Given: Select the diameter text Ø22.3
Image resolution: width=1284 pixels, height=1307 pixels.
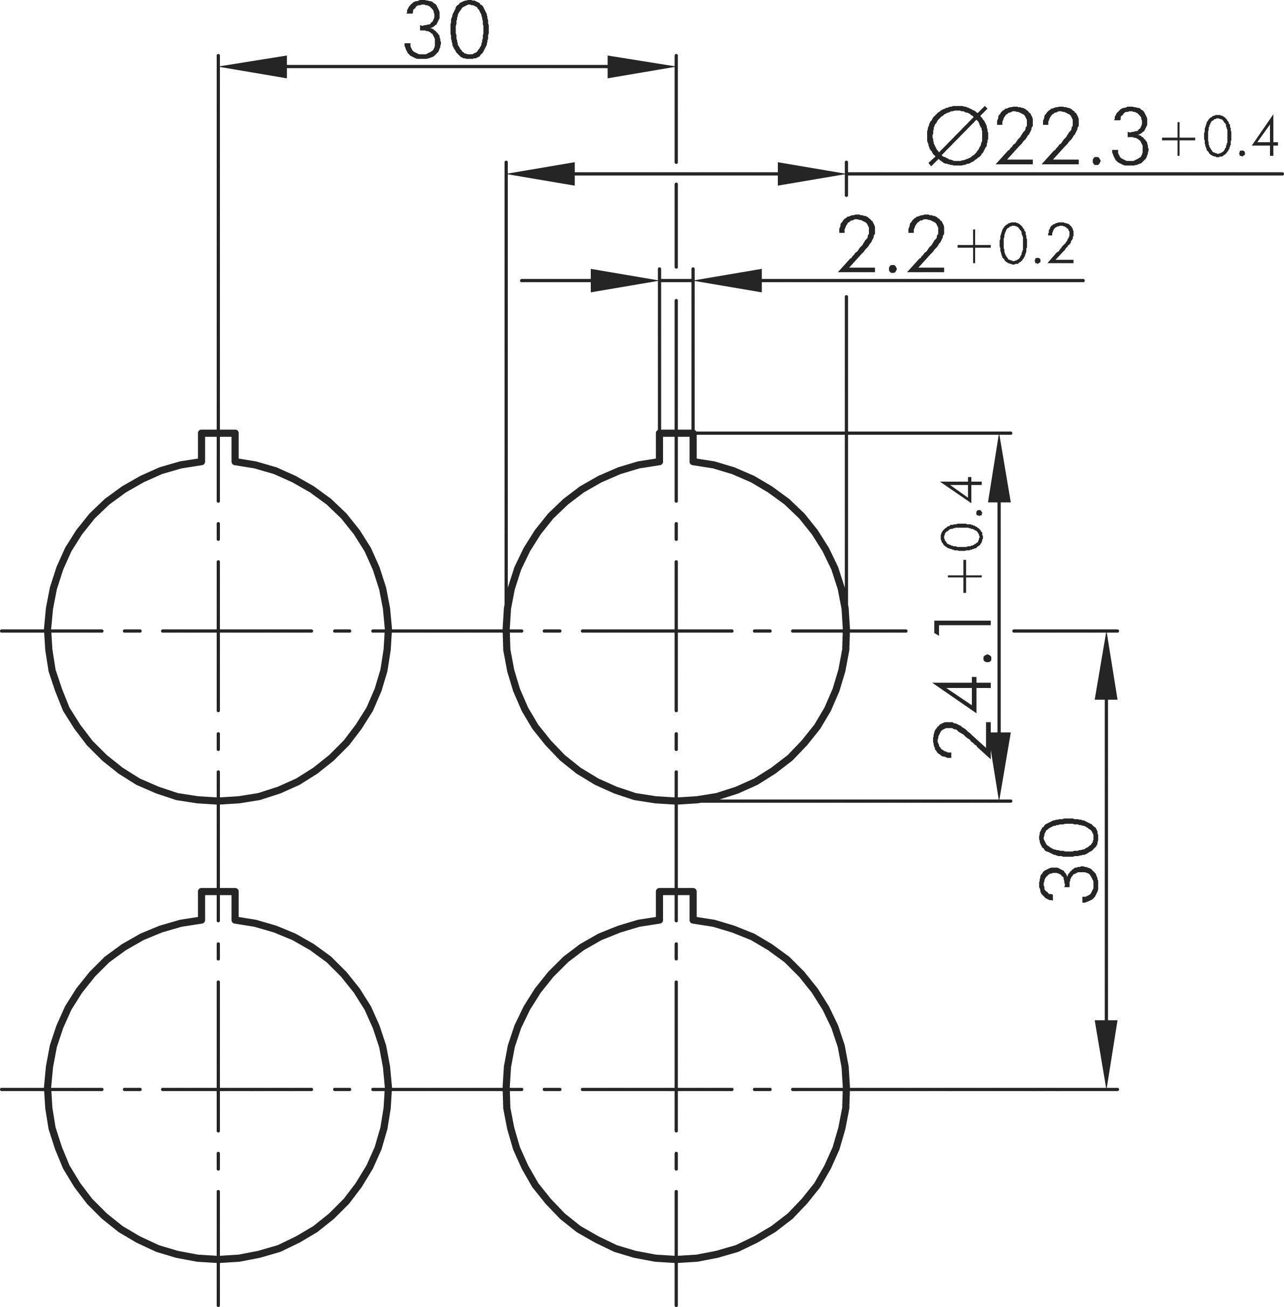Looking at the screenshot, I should tap(1037, 138).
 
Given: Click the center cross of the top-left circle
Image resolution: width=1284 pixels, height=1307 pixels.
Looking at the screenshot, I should tap(218, 631).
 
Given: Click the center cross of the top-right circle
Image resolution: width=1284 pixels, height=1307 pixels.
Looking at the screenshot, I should tap(676, 631).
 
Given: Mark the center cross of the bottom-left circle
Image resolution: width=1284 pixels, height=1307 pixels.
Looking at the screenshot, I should tap(218, 1089).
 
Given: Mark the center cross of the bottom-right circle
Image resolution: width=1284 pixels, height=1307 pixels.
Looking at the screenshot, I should tap(676, 1089).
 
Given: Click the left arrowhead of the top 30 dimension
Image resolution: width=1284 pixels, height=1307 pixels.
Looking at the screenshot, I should tap(253, 66).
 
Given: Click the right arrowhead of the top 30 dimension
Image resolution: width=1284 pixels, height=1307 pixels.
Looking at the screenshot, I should tap(640, 66).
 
